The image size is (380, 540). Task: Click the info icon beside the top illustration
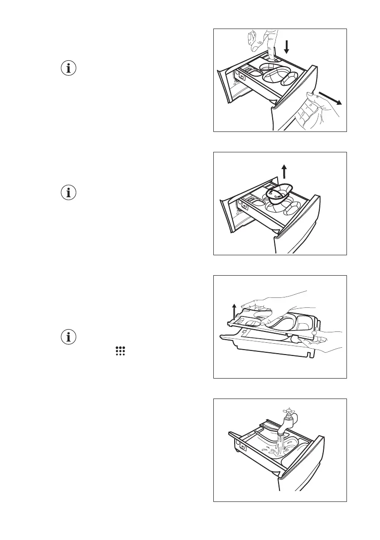pos(69,69)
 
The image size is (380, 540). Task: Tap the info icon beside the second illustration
pos(69,192)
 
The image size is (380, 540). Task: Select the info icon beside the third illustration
pos(69,337)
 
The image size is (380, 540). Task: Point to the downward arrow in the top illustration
pos(286,46)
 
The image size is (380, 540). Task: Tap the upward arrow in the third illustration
pos(234,312)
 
